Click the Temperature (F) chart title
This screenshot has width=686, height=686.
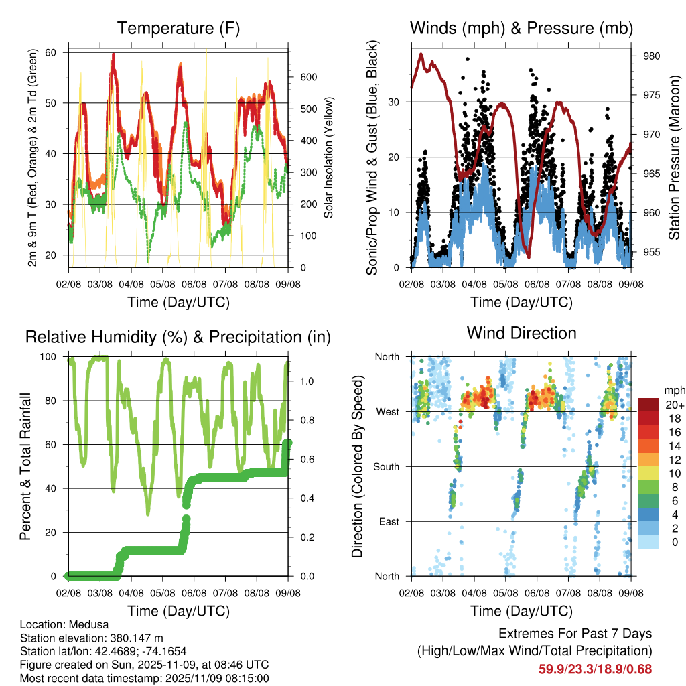tap(178, 28)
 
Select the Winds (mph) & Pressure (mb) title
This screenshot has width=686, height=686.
tap(521, 28)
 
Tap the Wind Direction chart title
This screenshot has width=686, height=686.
tap(521, 332)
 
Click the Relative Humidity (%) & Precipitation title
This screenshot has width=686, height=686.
tap(178, 337)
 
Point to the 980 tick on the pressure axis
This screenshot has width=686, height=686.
tap(651, 56)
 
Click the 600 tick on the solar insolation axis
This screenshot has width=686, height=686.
tap(307, 77)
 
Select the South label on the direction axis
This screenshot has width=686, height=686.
tap(387, 466)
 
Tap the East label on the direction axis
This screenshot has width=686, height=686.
tap(389, 521)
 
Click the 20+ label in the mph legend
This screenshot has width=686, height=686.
tap(673, 405)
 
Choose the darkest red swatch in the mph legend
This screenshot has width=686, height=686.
tap(648, 404)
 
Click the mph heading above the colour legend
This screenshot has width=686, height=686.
tap(673, 390)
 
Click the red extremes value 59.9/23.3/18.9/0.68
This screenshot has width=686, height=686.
tap(595, 669)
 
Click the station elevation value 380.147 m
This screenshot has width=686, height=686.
tap(138, 638)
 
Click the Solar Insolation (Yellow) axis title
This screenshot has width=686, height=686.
tap(328, 158)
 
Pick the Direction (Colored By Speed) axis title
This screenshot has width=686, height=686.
tap(357, 466)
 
